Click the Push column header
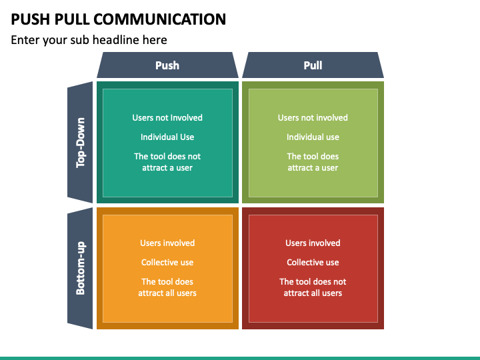coord(167,65)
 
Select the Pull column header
coord(313,65)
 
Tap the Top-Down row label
coord(80,143)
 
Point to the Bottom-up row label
coord(80,268)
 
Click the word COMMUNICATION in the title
coord(160,19)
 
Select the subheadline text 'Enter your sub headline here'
coord(89,40)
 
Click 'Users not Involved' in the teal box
coord(167,117)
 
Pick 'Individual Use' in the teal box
coord(167,137)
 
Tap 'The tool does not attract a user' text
coord(167,162)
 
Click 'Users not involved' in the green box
coord(313,117)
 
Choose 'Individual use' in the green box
coord(313,137)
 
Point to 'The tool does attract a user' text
coord(313,162)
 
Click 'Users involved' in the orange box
coord(167,243)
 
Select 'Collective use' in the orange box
coord(167,262)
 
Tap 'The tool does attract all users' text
coord(167,287)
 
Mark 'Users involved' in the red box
coord(313,243)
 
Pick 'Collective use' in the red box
coord(313,262)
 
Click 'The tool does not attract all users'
coord(313,287)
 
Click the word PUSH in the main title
coord(30,19)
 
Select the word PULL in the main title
coord(72,19)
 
